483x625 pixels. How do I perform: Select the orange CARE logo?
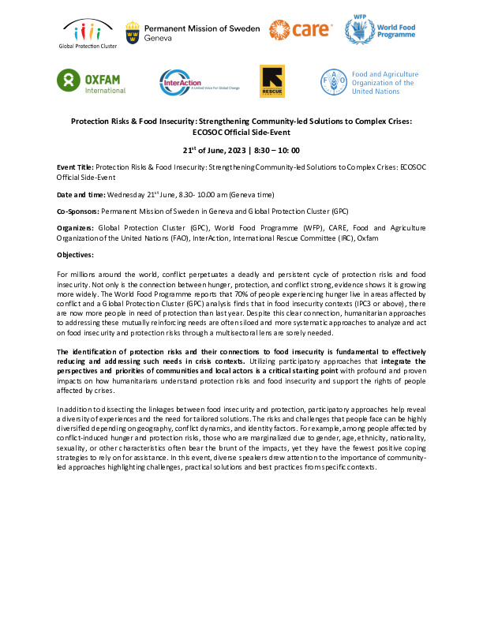coord(298,32)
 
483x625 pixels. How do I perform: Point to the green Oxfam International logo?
coord(92,80)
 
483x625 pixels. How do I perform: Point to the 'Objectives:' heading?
coord(76,255)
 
